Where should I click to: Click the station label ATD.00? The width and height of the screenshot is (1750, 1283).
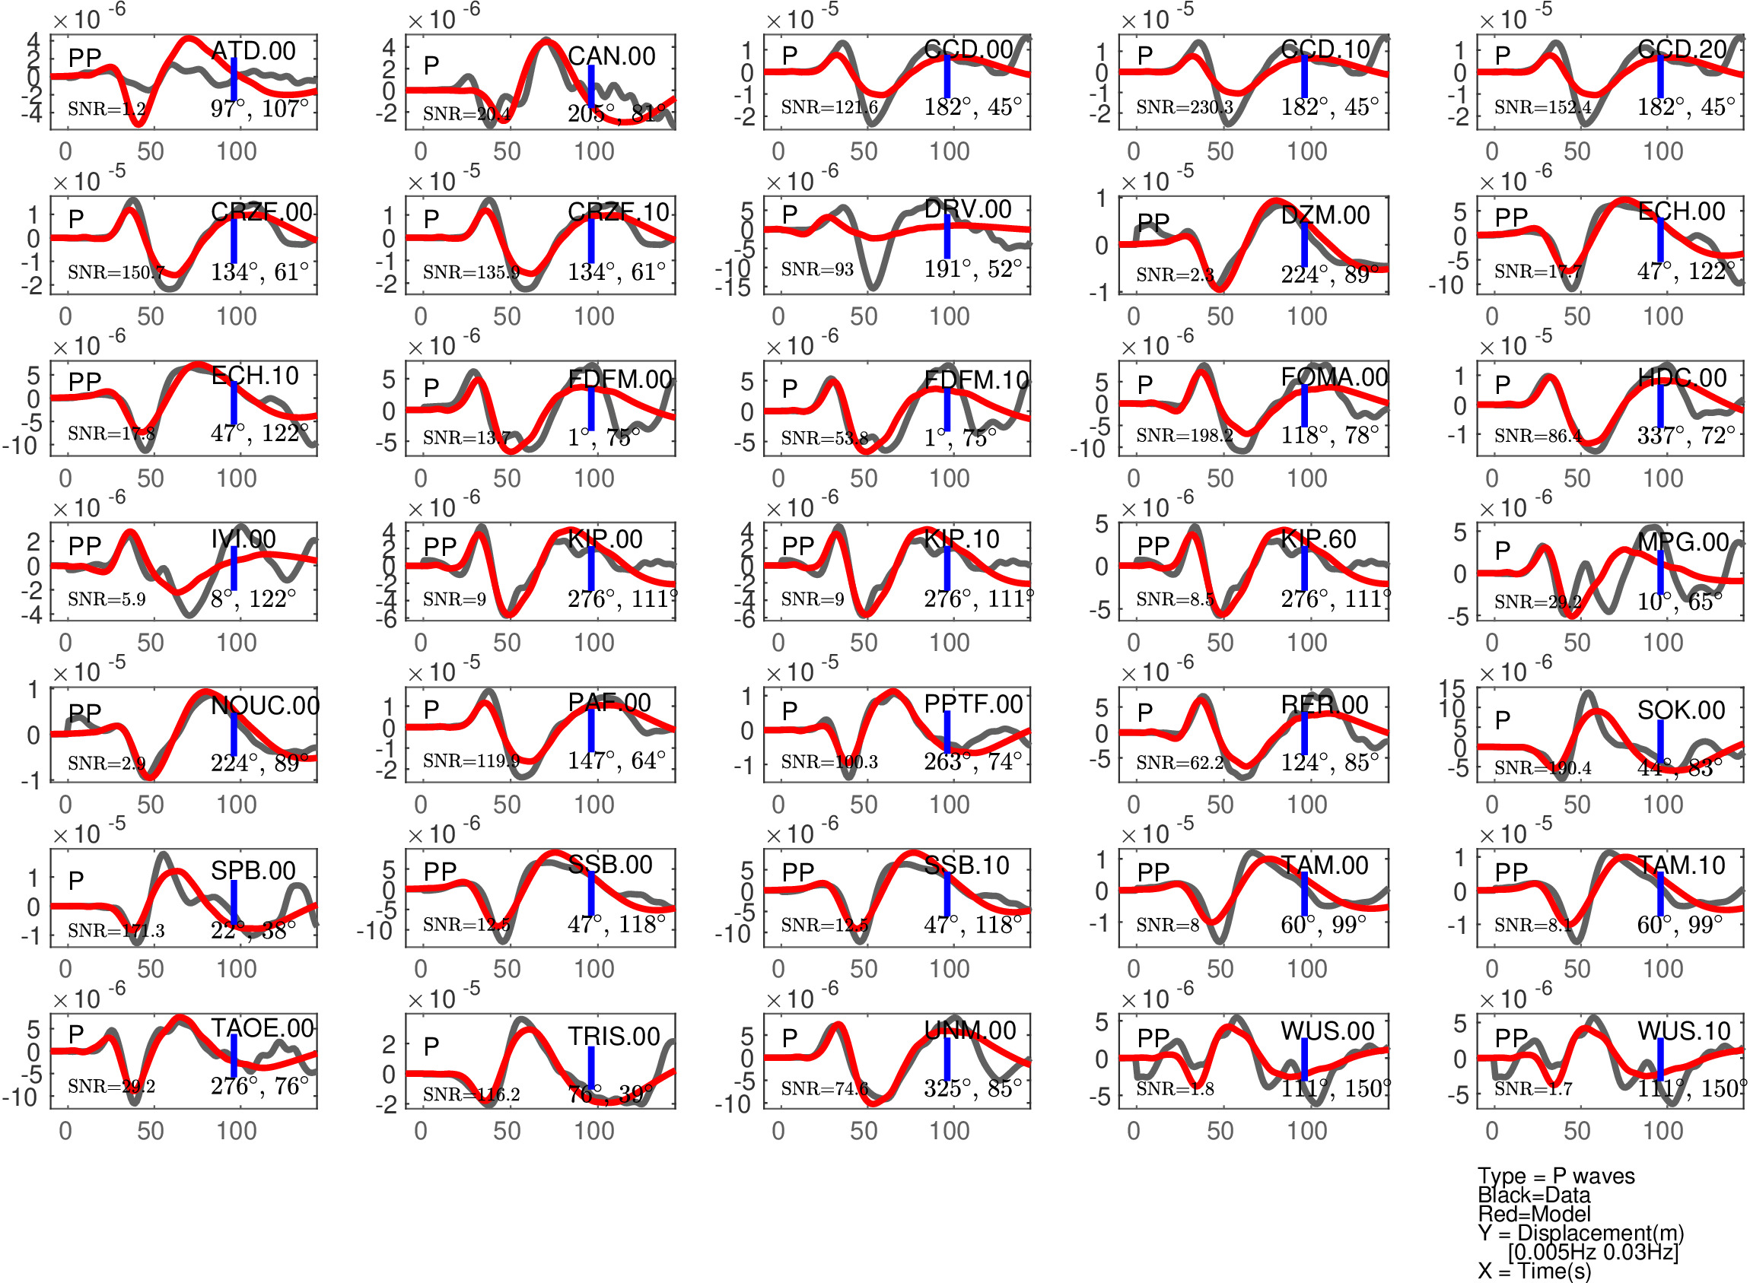click(x=253, y=51)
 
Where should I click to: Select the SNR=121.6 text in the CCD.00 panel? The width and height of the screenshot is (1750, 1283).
click(x=829, y=107)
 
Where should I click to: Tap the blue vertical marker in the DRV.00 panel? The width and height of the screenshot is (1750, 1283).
click(x=947, y=237)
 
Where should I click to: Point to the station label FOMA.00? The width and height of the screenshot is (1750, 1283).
click(x=1334, y=377)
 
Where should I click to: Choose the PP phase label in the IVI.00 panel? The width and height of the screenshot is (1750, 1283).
click(x=84, y=546)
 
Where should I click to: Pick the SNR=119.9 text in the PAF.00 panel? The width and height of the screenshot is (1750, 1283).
click(x=471, y=761)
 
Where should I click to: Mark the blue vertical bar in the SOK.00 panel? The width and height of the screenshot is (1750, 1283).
click(x=1660, y=742)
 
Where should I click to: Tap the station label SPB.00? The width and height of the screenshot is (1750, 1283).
click(x=253, y=871)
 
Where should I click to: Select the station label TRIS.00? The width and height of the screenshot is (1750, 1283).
click(x=613, y=1036)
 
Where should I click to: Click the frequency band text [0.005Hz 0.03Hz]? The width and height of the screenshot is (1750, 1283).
click(x=1592, y=1252)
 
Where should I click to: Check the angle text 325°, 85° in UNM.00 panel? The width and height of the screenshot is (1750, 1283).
click(x=972, y=1089)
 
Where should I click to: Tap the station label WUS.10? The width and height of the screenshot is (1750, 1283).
click(x=1683, y=1031)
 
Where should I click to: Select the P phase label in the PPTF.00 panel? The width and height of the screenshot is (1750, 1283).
click(x=790, y=710)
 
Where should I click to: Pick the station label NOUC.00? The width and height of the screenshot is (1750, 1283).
click(x=265, y=706)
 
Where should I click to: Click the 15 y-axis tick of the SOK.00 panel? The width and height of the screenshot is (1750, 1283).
click(x=1452, y=689)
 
